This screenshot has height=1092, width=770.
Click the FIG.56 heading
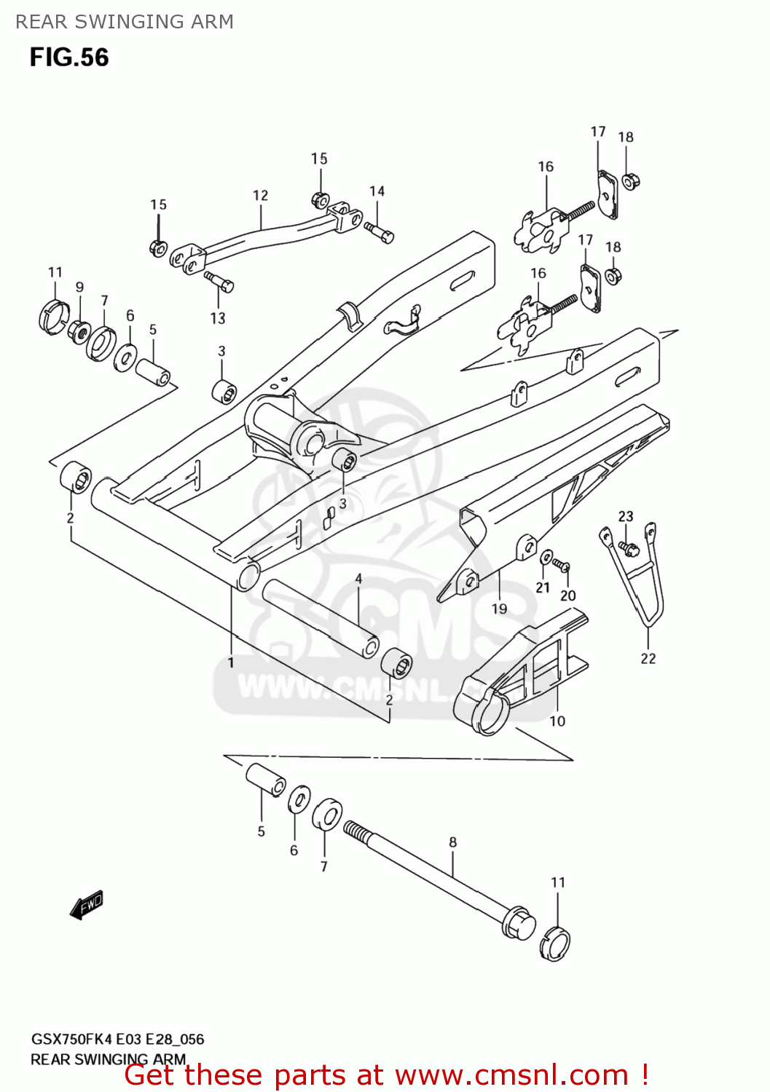[x=69, y=58]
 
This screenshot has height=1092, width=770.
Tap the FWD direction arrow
[x=87, y=906]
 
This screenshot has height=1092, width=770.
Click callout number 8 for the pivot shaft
[x=452, y=842]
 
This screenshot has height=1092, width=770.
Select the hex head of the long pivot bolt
[x=518, y=922]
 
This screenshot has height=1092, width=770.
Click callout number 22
[x=648, y=658]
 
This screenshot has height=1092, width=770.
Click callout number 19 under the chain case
[x=499, y=609]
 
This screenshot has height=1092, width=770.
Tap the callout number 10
[x=557, y=721]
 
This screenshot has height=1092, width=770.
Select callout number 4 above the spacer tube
[x=358, y=579]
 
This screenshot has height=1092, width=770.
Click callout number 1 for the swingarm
[x=231, y=662]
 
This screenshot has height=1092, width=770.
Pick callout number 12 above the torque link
[x=260, y=195]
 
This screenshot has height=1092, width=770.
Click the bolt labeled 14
[x=380, y=232]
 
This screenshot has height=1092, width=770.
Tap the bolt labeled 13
[x=219, y=281]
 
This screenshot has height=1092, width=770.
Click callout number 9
[x=79, y=287]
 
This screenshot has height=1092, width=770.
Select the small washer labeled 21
[x=546, y=558]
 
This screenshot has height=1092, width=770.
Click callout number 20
[x=567, y=596]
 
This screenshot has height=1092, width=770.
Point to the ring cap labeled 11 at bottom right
[x=555, y=944]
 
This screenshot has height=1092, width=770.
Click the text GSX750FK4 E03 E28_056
[x=117, y=1039]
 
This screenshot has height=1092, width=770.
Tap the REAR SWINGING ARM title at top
[x=125, y=22]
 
